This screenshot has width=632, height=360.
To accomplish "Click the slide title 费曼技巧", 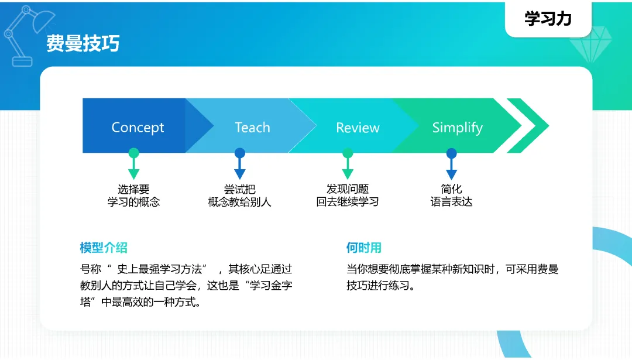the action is [83, 43].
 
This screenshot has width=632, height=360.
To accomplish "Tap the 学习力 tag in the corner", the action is [548, 19].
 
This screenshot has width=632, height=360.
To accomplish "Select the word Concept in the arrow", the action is [138, 128].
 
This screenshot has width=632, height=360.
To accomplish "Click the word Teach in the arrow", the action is [253, 128].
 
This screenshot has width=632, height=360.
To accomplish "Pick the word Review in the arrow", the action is [358, 128].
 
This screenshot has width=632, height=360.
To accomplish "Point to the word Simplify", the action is [458, 128].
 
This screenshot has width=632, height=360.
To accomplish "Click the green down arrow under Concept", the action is [134, 164].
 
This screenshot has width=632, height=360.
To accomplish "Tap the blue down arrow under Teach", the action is [240, 164].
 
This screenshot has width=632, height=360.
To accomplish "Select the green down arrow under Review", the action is [348, 164].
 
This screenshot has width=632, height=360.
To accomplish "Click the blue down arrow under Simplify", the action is [451, 164].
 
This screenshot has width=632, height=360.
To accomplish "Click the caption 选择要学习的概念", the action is [134, 196].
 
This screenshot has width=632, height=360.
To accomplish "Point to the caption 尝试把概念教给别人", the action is [240, 196].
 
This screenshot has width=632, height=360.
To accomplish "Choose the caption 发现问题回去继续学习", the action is [348, 196].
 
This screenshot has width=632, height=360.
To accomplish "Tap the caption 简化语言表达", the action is [451, 196].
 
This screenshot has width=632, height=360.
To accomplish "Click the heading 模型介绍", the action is [104, 248].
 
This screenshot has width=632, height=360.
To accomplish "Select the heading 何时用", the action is [364, 248].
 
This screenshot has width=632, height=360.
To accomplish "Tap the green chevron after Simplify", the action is [528, 125].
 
